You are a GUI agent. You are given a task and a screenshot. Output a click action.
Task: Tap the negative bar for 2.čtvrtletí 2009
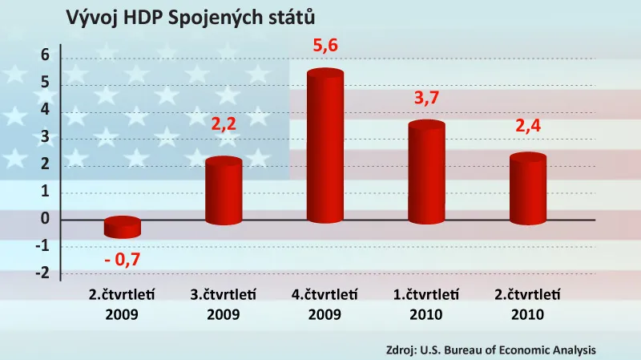pos(123,228)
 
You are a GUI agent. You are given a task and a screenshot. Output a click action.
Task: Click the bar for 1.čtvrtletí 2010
pos(426,173)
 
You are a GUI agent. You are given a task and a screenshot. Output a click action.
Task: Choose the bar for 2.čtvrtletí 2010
pos(527,189)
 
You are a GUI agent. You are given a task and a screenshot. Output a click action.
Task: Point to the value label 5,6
pos(325,47)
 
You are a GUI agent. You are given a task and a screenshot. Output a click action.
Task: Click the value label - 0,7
pos(123,260)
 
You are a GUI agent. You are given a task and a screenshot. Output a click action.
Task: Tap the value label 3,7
pos(426,99)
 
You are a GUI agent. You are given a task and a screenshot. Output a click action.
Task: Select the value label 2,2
pos(224,125)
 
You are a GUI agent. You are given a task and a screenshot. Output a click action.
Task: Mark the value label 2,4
pos(527,125)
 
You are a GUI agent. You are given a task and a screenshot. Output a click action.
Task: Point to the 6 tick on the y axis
pos(46,55)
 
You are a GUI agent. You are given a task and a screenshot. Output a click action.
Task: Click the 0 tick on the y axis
pos(46,219)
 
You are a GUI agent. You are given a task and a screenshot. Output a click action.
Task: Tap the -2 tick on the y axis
pos(42,273)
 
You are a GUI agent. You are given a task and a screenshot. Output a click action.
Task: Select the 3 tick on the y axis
pos(46,137)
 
